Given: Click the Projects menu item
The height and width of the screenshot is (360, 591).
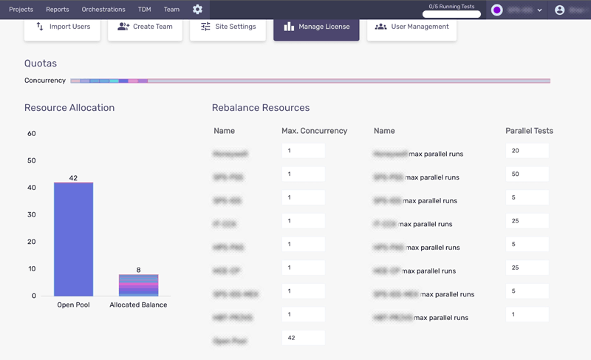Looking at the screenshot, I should pos(21,10).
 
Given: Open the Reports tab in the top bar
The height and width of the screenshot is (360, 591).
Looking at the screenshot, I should pos(57,10).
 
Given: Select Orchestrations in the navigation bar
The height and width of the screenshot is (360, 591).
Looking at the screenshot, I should pos(103,10).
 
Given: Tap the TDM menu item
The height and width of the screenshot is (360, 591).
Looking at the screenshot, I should pos(144,10).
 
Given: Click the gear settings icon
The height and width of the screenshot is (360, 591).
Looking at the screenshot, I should pos(197,10).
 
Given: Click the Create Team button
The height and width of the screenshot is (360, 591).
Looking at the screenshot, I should pos(145,27).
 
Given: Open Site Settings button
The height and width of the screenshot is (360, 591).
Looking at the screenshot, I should pos(228,27).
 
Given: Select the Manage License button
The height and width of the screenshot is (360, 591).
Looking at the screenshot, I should pos(316,27).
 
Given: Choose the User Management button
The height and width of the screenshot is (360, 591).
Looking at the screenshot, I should pos(411,27).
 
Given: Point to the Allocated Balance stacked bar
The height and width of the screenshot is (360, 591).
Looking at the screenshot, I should pos(138,285).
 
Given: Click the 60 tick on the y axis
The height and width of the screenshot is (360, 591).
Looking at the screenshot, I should pos(32,134).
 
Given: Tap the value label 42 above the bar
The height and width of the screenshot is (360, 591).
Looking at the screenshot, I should pos(73,178).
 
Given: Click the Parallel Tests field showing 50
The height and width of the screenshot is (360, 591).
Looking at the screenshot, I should pos(527,174).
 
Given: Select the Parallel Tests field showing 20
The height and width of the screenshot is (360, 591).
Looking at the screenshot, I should pos(527,151).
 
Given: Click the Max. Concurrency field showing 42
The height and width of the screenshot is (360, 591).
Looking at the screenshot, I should pos(303,338).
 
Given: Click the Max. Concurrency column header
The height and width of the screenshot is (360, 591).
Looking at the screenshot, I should pos(314,131).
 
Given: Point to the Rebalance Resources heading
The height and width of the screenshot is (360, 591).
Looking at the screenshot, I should pos(261,108).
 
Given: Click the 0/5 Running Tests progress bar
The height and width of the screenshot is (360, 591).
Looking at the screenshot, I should pos(451,14).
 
